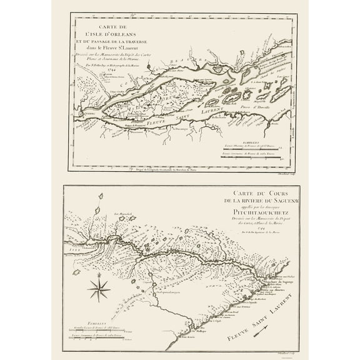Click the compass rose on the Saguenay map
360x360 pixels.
(x=99, y=289)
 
